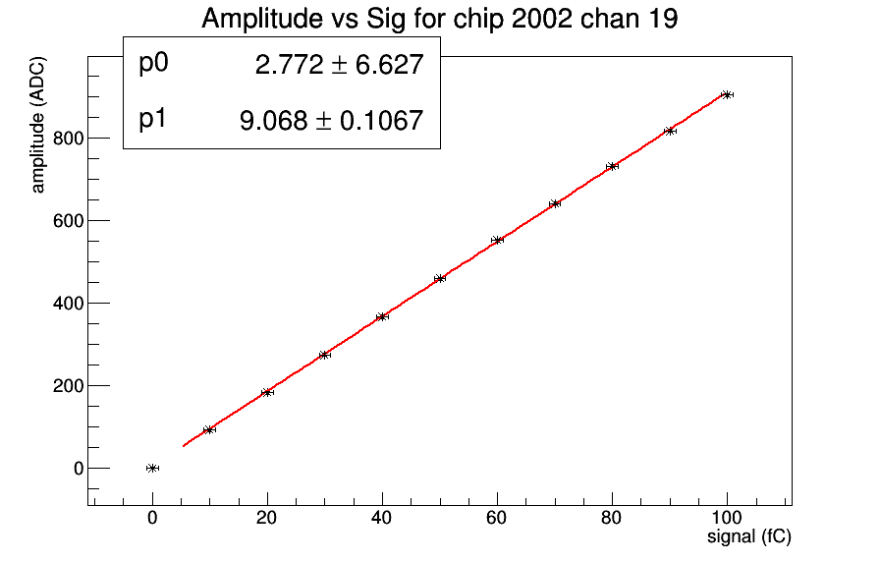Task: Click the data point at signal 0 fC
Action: [152, 468]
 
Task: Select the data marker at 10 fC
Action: [209, 429]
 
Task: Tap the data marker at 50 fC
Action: [440, 278]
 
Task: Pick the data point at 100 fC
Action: [727, 94]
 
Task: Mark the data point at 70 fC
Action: [555, 203]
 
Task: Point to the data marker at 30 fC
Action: [325, 355]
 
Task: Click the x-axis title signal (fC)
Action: [749, 537]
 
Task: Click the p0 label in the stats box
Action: [154, 64]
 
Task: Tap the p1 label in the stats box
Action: [154, 120]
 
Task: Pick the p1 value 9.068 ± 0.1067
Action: [331, 121]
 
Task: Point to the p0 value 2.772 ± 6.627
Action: [339, 65]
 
